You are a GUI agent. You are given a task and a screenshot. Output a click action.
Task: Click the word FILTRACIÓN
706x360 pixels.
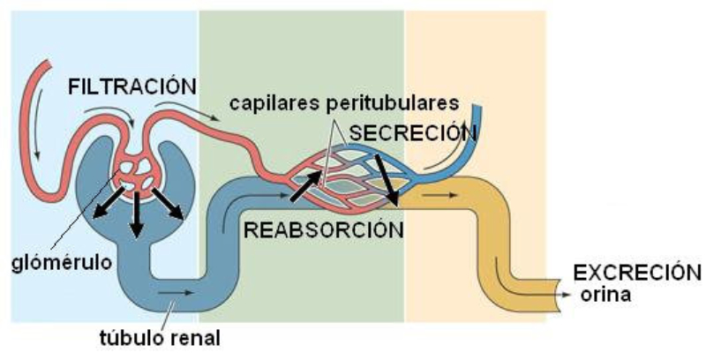coord(131,86)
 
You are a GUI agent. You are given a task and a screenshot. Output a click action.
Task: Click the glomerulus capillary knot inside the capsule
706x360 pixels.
coord(138,171)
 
